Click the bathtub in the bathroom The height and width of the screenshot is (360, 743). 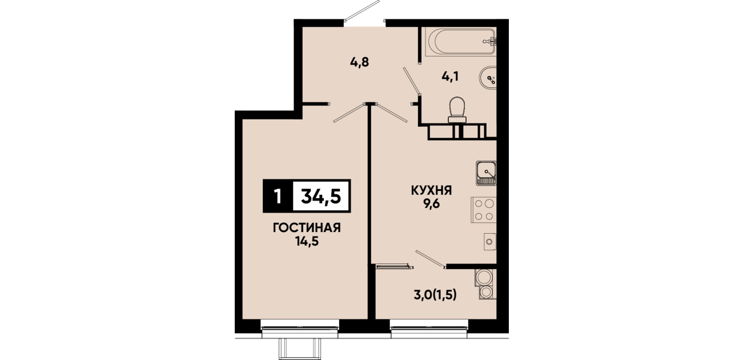[x=460, y=42]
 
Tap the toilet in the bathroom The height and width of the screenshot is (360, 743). [x=457, y=110]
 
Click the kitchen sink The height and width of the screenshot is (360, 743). [x=486, y=173]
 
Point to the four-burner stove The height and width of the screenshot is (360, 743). [x=484, y=210]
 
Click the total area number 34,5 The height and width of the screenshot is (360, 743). [x=321, y=196]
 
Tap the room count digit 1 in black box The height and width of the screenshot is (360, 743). [x=278, y=196]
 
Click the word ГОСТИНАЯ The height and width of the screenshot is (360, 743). [x=307, y=228]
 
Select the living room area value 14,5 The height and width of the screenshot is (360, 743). [x=307, y=242]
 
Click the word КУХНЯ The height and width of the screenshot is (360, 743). [x=432, y=190]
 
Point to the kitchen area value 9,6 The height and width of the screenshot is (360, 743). [x=431, y=204]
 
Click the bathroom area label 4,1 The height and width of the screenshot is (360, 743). [x=450, y=77]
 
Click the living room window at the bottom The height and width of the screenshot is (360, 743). [x=300, y=329]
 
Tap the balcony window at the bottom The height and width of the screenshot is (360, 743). [x=429, y=329]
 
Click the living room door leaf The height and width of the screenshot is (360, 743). [x=349, y=113]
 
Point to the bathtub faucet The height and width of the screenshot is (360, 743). [x=490, y=42]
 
